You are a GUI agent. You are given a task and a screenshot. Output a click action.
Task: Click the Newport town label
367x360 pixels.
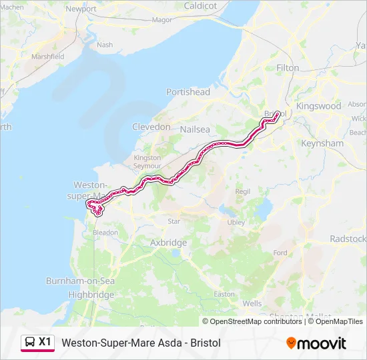coord(81,9)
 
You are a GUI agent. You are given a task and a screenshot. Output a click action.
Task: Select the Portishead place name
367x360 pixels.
coord(188,92)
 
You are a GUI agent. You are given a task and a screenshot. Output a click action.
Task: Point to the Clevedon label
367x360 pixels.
coord(151,127)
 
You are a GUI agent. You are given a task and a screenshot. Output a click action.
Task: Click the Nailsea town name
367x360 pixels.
coord(195,127)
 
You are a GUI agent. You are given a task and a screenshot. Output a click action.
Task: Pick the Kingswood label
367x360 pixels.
coord(318,106)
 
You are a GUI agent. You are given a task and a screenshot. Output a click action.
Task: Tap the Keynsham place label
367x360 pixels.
coord(322,143)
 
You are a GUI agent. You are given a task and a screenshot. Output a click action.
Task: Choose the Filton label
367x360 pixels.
coord(288,68)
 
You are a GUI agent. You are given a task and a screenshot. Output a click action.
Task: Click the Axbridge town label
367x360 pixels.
coord(169,243)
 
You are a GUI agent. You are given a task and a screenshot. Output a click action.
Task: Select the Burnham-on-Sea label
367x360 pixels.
coord(81,281)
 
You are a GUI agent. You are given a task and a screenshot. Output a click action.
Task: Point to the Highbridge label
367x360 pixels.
coord(91,295)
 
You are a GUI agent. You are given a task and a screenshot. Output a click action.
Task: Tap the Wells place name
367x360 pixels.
coord(252,303)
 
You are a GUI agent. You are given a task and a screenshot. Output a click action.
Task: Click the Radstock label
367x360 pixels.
coord(348,239)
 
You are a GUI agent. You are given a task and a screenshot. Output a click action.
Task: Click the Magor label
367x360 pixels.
coord(162,20)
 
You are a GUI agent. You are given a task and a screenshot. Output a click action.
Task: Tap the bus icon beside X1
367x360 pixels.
coord(30,342)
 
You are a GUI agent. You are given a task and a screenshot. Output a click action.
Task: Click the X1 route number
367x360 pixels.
coord(45,342)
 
